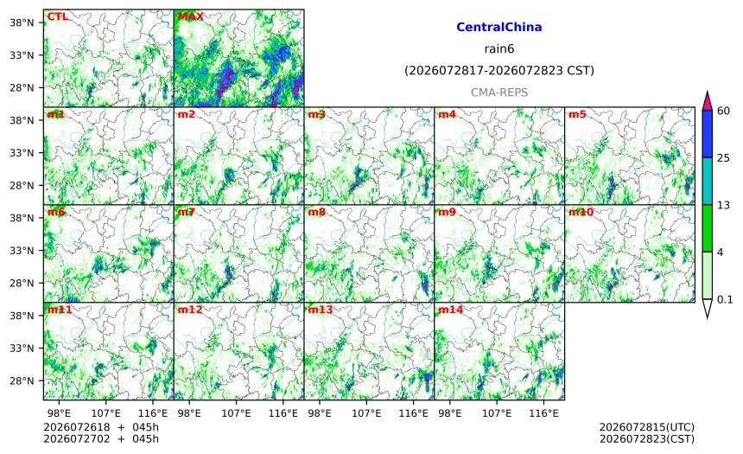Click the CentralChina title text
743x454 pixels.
click(499, 27)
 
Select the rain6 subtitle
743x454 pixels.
click(499, 49)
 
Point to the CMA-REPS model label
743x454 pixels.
click(499, 93)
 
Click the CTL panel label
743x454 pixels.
click(57, 16)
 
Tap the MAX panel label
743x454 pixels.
click(190, 16)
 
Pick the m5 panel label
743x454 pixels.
click(577, 114)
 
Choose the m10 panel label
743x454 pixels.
click(581, 212)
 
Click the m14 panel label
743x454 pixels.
click(451, 310)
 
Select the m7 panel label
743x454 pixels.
click(187, 212)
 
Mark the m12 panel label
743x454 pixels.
click(190, 310)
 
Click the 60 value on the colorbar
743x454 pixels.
click(724, 111)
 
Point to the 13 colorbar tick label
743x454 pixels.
click(724, 206)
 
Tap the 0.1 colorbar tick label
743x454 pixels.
click(725, 300)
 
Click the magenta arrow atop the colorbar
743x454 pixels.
click(708, 101)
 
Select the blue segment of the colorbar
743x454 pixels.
click(708, 134)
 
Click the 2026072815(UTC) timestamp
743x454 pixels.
click(647, 427)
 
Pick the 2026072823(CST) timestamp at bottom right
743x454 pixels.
click(647, 438)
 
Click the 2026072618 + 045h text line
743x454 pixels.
click(101, 427)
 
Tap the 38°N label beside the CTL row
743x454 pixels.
click(22, 22)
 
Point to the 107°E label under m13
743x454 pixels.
click(366, 413)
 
